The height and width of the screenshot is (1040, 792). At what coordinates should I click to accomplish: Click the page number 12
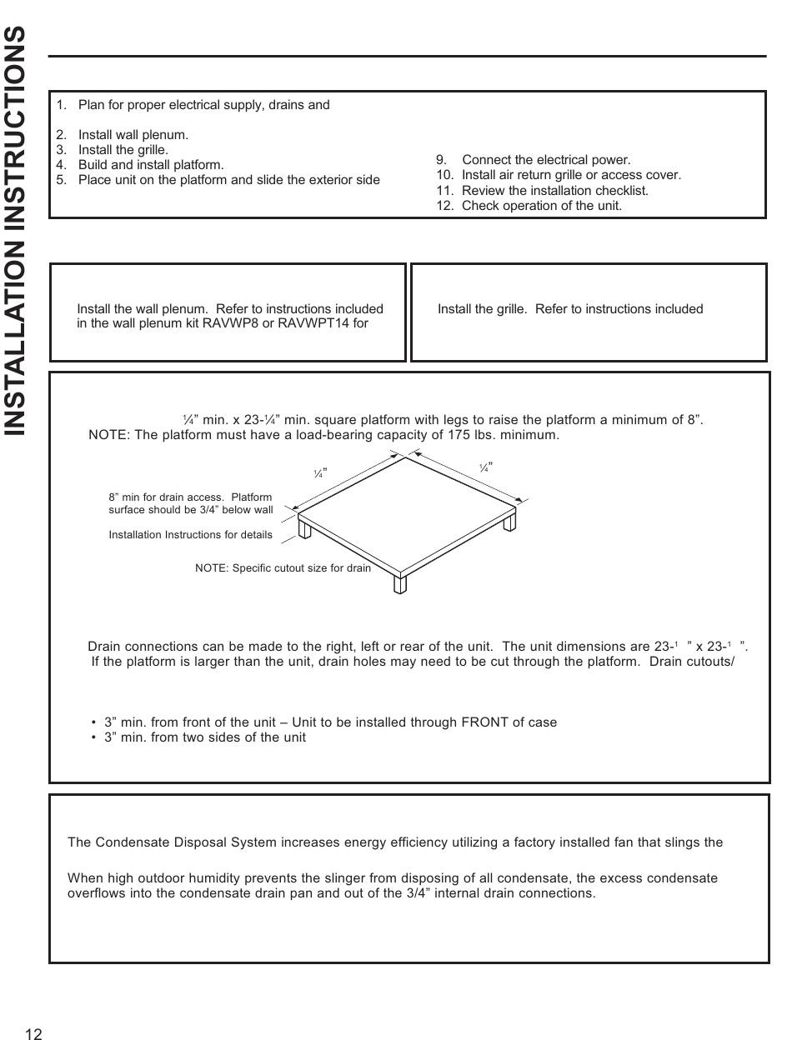(33, 1034)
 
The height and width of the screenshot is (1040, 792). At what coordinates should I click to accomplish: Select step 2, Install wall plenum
(133, 135)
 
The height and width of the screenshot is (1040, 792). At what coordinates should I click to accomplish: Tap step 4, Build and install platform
(150, 165)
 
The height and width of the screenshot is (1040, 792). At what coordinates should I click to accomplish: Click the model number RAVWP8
(232, 323)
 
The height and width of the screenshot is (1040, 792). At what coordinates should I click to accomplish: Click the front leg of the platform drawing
(400, 583)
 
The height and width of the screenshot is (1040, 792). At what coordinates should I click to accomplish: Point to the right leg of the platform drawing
(509, 521)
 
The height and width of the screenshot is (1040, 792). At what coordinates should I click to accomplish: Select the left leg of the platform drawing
(305, 529)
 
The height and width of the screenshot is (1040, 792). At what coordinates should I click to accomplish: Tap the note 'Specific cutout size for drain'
(283, 568)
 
